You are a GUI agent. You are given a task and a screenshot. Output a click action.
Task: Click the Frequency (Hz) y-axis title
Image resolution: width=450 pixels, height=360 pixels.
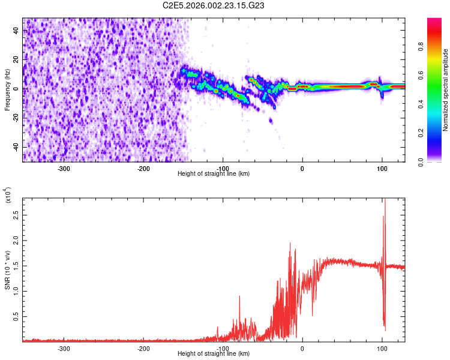(7, 89)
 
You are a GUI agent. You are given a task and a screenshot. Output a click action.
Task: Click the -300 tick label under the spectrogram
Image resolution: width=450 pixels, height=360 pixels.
(64, 168)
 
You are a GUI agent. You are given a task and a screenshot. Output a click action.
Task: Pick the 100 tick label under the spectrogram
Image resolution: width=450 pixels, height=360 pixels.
(382, 168)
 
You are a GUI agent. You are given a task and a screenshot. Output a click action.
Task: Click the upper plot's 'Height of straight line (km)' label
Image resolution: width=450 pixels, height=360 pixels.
(214, 174)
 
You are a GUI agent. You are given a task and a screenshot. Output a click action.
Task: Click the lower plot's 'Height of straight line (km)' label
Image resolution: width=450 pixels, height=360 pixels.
(214, 353)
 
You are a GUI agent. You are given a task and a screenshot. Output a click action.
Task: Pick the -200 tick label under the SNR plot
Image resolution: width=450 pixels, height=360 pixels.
(143, 348)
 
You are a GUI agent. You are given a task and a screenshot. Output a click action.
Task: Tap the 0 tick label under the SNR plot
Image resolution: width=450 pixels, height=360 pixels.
(302, 348)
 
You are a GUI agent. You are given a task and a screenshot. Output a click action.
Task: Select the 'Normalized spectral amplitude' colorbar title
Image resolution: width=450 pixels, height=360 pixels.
(446, 90)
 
